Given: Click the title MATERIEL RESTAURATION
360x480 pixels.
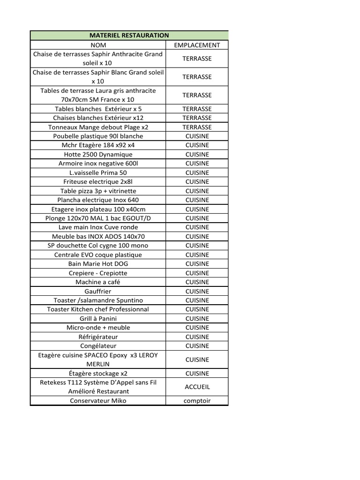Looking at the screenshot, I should coord(129,35).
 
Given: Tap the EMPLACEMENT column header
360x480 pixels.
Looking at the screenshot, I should coord(197,45).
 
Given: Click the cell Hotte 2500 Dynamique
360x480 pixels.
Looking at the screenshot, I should coord(98,154).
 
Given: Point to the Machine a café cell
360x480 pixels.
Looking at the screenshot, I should coord(98,282).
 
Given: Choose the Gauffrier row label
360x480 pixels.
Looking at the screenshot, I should coord(98,291).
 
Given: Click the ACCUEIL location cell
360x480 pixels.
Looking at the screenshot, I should coord(197,387).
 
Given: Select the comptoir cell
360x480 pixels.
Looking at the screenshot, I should coord(197,401).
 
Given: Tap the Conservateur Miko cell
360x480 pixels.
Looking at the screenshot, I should coord(98,401).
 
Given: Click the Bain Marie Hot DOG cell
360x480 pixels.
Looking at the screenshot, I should coord(98,264).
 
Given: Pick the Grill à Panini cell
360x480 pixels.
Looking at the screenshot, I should coord(98,319).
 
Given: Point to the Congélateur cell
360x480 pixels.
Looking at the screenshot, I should coord(98,346).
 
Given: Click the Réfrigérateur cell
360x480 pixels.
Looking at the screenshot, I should coord(98,337).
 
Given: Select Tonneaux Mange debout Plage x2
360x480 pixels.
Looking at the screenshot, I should coord(98,127).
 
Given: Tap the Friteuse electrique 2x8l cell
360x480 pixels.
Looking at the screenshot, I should coord(98,182).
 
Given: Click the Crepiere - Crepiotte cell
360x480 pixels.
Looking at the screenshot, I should coord(98,273).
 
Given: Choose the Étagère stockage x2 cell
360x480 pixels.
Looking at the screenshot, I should coord(98,374).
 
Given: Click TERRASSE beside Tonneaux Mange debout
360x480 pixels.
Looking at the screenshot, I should coord(197,127).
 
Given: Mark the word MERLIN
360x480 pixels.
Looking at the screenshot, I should coord(98,364).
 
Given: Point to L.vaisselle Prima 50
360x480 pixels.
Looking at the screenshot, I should coord(98,172).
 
